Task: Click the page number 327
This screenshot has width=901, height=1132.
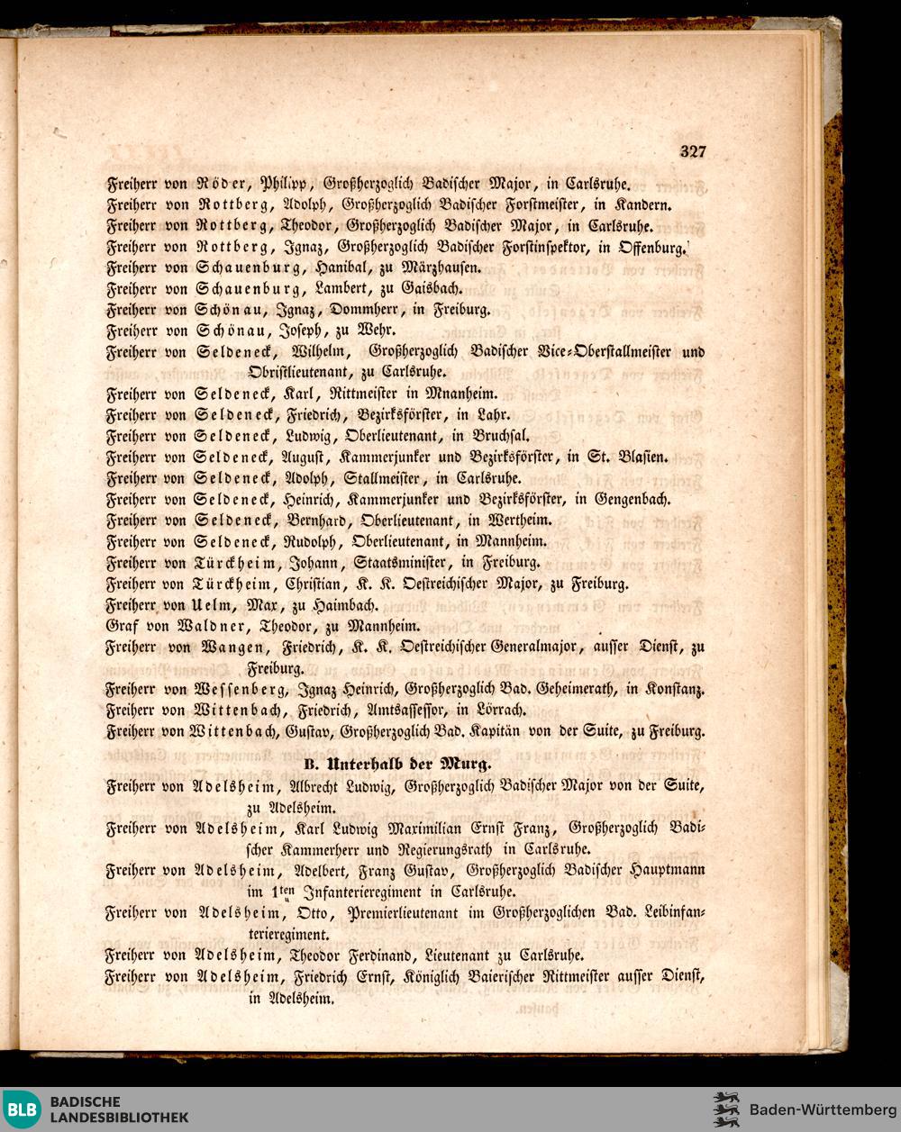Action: coord(693,151)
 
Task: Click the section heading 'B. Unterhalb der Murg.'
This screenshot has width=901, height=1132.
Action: coord(397,764)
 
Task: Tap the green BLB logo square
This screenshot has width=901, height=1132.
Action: coord(22,1109)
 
